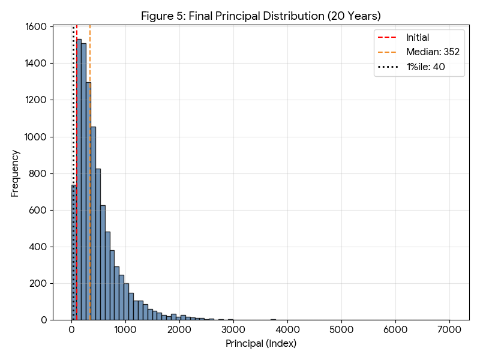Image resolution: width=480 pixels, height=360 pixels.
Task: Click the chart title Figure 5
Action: click(x=260, y=16)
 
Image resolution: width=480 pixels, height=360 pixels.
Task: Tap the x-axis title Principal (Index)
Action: click(x=260, y=344)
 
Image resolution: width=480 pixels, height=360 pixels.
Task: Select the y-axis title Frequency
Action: click(x=16, y=173)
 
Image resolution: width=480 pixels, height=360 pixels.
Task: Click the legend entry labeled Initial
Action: click(x=418, y=37)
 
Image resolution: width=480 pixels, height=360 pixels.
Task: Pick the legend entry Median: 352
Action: click(x=432, y=52)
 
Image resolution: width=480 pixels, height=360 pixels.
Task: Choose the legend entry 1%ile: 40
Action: click(x=425, y=67)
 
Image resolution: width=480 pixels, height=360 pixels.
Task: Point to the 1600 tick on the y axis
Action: click(x=36, y=27)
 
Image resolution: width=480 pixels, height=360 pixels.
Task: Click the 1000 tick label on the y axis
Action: click(x=36, y=137)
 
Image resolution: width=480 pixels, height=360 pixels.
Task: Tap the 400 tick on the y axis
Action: click(x=38, y=247)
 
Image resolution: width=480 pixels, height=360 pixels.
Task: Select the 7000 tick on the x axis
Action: click(x=449, y=329)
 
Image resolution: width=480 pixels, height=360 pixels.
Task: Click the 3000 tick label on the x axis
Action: click(x=233, y=329)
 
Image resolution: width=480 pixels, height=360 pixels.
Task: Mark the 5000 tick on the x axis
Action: click(x=341, y=329)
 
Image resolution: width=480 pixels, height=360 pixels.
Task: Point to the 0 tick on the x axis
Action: click(x=72, y=329)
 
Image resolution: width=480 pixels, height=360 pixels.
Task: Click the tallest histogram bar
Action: click(x=79, y=180)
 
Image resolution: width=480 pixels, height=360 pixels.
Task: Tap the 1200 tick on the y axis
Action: click(x=36, y=100)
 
